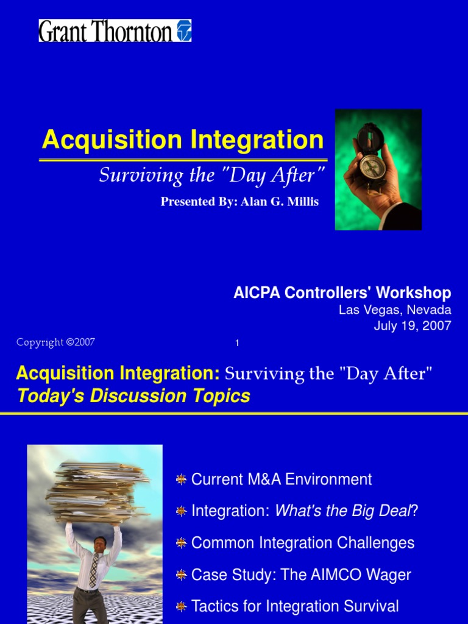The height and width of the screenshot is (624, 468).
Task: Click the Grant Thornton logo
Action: (x=115, y=30)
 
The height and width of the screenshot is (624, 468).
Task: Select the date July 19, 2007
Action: (x=413, y=325)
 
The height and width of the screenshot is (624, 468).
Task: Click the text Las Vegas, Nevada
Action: (x=395, y=310)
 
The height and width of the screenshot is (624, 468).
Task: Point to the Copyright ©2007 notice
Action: (x=55, y=342)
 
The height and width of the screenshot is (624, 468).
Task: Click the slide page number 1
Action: (x=237, y=344)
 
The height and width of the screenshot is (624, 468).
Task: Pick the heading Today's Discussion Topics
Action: (x=134, y=396)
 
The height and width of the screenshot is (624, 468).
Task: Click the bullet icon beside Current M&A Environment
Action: (x=181, y=480)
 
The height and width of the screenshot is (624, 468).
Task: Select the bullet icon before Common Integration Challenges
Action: (x=181, y=543)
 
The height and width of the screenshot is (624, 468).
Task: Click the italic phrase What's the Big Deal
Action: (x=343, y=511)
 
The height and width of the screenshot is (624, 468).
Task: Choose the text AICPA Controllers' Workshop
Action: (x=342, y=293)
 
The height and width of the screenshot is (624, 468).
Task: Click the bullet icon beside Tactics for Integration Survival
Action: (x=181, y=606)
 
